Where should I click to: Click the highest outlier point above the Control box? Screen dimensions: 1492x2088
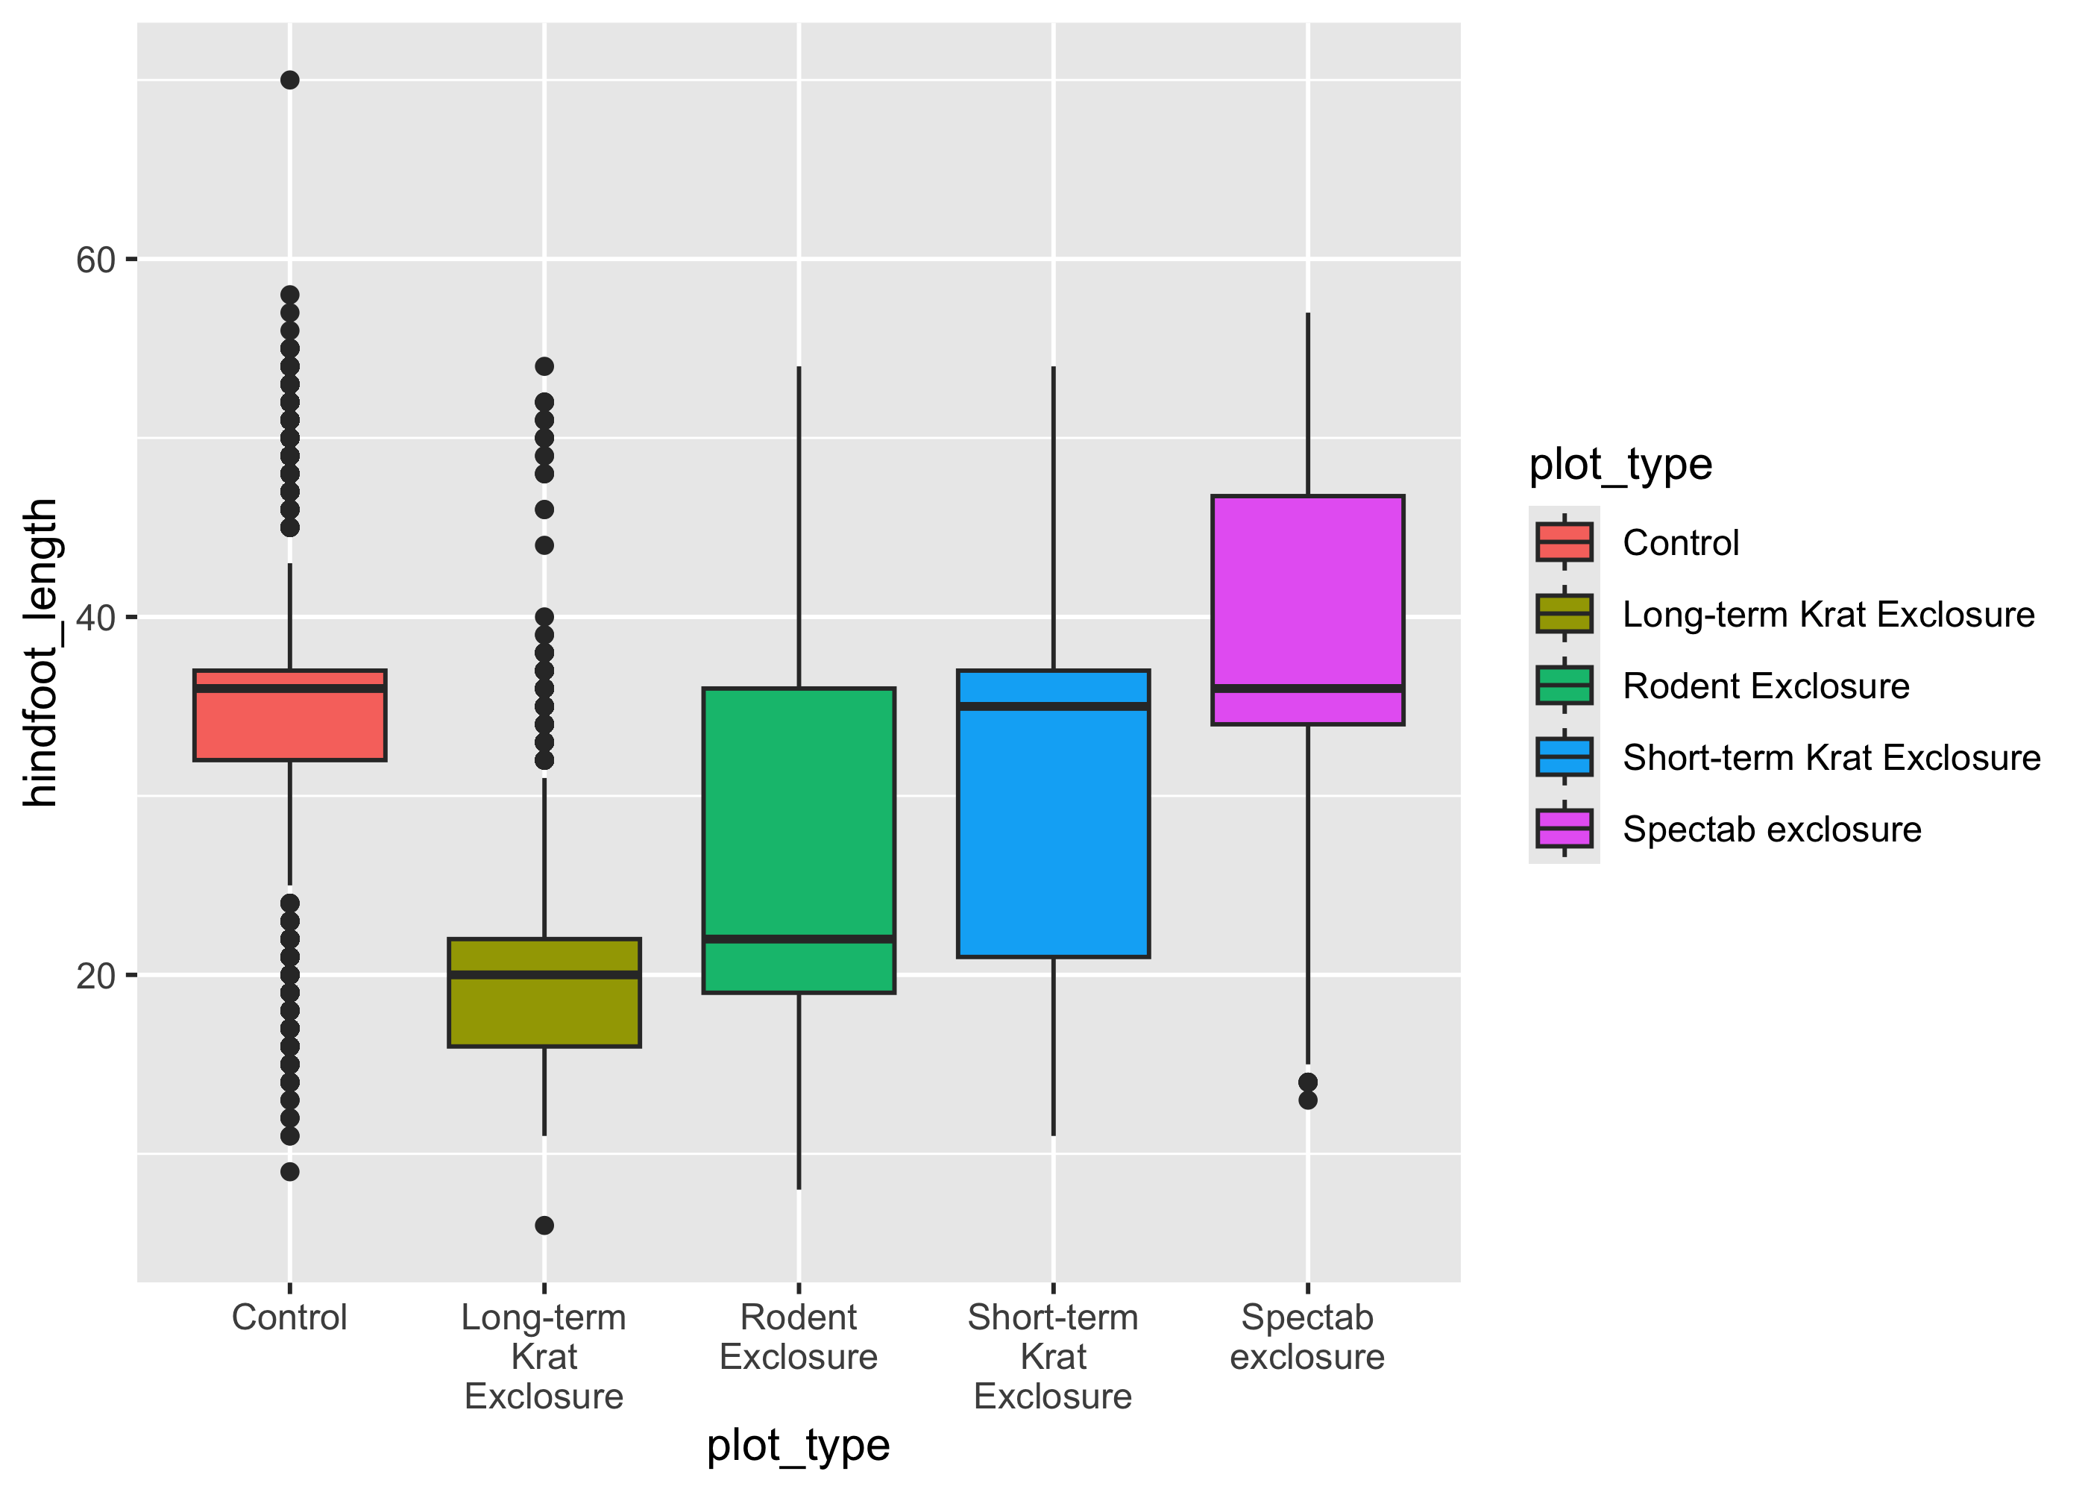(289, 80)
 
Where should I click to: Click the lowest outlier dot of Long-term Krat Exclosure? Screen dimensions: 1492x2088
(544, 1225)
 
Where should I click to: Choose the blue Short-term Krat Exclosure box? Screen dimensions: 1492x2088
(1053, 827)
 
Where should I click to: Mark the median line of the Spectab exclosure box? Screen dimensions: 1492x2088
(1307, 688)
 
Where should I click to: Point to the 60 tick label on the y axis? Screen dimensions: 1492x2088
(95, 260)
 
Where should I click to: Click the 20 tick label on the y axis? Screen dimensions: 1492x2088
(95, 976)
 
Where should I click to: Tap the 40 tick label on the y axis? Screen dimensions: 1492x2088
(95, 618)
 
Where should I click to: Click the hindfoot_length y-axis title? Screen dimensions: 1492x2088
(40, 652)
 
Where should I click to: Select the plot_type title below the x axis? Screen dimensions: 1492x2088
(798, 1445)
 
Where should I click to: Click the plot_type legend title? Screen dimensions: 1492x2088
(1620, 465)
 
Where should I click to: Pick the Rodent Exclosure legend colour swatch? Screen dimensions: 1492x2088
(1564, 686)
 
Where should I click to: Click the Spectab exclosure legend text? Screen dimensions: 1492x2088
(1772, 830)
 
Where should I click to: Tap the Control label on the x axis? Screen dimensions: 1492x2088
(289, 1317)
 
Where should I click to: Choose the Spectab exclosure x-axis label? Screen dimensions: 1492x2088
(1307, 1337)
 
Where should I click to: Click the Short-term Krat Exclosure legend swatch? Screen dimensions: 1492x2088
(1564, 757)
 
